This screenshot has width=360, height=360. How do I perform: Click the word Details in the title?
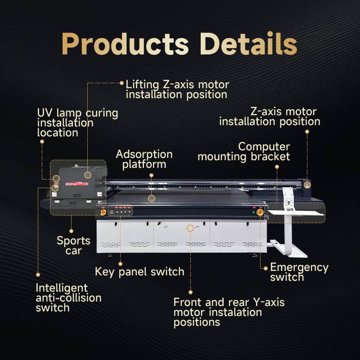(x=248, y=44)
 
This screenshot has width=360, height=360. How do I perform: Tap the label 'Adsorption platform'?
(x=144, y=159)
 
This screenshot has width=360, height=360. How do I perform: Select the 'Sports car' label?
(x=73, y=245)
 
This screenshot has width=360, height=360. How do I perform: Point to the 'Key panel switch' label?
(x=139, y=272)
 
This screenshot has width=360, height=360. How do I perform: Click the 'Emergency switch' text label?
(x=299, y=272)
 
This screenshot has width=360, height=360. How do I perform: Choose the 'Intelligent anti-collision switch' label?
(x=68, y=297)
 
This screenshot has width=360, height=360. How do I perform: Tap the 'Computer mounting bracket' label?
(x=244, y=152)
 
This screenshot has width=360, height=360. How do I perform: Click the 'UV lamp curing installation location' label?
(x=77, y=122)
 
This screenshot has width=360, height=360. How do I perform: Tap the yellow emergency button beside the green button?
(x=260, y=211)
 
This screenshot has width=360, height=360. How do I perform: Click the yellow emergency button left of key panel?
(x=103, y=211)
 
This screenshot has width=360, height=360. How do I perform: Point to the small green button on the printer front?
(x=254, y=211)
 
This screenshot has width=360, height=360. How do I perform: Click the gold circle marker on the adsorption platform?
(x=152, y=198)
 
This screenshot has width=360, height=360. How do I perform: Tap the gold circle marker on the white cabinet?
(x=190, y=228)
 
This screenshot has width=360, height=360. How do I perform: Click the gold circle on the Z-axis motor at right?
(x=307, y=184)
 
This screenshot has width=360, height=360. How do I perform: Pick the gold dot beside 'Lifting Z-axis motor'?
(x=121, y=83)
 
